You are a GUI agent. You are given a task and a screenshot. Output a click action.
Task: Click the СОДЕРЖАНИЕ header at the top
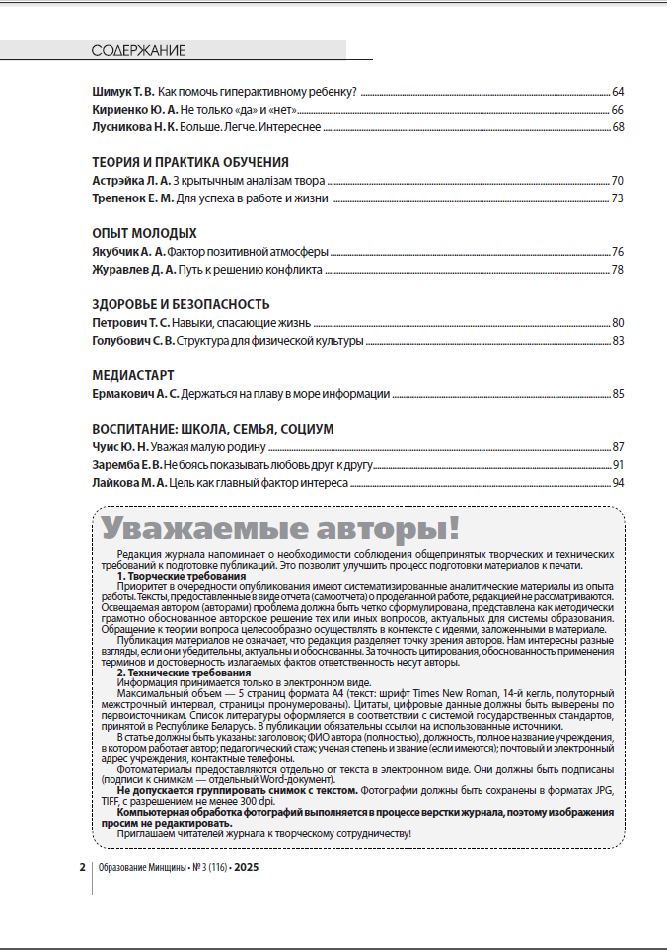click(138, 50)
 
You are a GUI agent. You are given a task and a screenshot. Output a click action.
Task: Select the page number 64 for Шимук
click(618, 92)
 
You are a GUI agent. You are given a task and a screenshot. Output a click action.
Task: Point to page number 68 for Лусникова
click(618, 126)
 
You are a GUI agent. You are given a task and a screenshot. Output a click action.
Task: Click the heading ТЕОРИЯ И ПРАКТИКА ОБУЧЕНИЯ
click(190, 162)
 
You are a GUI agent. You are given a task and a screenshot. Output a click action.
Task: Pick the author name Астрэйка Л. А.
click(131, 181)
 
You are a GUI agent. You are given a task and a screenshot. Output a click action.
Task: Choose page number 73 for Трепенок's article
click(618, 198)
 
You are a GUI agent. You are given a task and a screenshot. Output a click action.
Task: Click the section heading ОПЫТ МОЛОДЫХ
click(144, 233)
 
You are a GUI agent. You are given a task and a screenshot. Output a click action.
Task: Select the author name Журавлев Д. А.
click(133, 269)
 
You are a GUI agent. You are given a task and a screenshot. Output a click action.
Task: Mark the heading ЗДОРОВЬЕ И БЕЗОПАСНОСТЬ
click(181, 304)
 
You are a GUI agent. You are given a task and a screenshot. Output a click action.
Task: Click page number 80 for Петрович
click(618, 322)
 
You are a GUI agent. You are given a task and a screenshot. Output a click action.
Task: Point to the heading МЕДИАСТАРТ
click(133, 375)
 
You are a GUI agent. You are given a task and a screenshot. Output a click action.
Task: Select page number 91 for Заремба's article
click(618, 464)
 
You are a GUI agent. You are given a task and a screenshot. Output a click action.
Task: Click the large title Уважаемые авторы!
click(280, 526)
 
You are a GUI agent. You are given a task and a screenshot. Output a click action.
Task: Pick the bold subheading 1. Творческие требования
click(182, 576)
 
